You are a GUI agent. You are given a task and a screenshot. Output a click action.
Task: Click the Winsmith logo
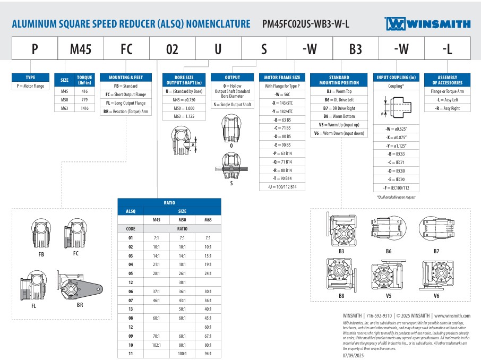tap(427, 24)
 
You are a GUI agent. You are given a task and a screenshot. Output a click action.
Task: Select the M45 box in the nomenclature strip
tap(81, 48)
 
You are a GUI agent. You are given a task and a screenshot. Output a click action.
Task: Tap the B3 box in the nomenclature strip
tap(356, 48)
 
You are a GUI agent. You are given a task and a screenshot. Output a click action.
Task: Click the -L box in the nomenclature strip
tap(447, 48)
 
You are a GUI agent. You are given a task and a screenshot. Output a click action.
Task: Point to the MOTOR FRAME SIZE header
tap(282, 78)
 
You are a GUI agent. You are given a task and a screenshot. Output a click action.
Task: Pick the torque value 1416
tap(84, 108)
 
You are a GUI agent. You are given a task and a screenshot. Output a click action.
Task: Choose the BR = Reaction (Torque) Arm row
tap(126, 112)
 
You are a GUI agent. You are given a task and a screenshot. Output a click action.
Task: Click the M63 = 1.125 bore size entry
tap(184, 116)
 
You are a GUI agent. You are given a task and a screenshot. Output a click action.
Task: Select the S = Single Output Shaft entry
tap(232, 105)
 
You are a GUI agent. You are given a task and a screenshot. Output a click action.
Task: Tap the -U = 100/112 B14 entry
tap(282, 186)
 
